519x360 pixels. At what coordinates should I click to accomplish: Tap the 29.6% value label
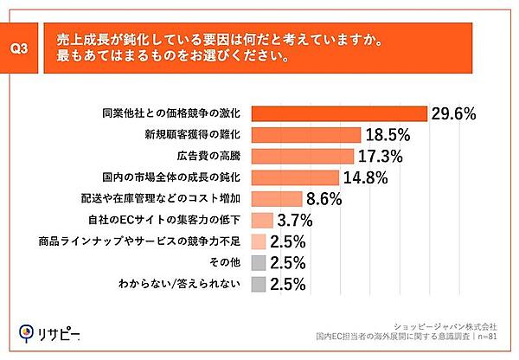[454, 113]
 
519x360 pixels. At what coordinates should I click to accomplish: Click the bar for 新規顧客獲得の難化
[305, 135]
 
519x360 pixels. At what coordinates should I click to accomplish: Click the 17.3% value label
[381, 157]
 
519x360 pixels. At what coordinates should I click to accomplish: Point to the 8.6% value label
[324, 199]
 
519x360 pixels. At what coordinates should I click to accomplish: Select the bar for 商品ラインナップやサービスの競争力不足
[258, 241]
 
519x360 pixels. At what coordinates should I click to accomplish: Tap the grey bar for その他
[258, 262]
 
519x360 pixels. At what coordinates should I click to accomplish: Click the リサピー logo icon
[27, 331]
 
